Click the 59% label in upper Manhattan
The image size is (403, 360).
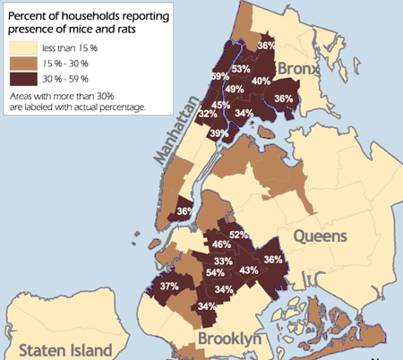point(219,76)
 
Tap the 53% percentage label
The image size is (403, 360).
point(241,68)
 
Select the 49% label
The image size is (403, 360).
point(235,89)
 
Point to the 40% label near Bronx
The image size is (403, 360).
point(262,81)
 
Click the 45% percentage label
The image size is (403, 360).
point(220,106)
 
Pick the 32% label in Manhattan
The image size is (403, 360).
point(208,114)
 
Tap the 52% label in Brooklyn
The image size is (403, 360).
point(238,235)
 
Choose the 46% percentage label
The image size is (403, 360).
point(221,244)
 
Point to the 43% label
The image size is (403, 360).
point(250,270)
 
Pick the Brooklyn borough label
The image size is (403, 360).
point(229,339)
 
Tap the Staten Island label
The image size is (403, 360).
point(67,349)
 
